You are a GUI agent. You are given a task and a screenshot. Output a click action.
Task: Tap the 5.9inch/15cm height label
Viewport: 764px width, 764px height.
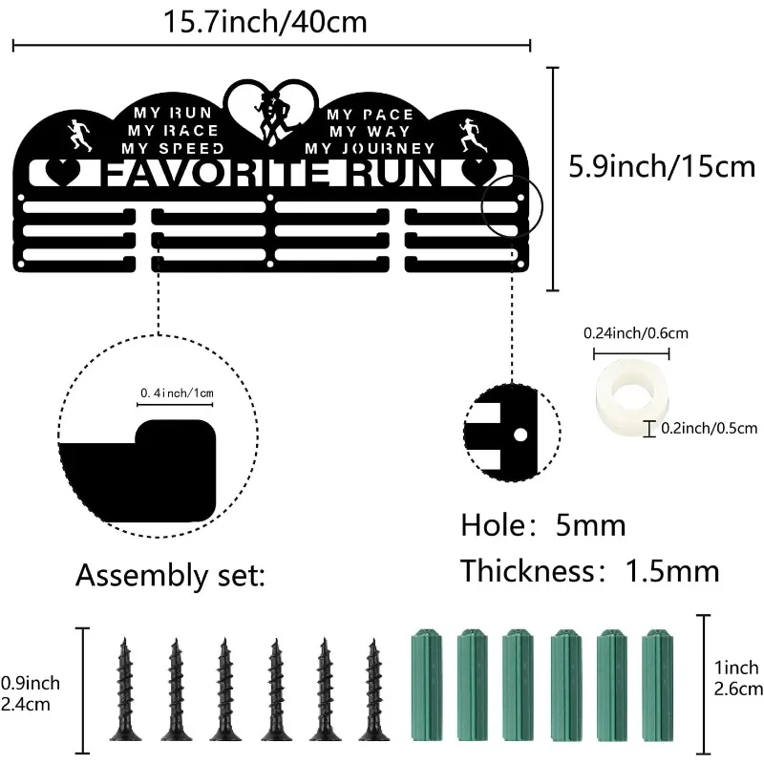[x=662, y=168]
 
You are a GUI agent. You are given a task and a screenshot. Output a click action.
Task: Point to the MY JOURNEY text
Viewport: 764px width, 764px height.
[x=370, y=148]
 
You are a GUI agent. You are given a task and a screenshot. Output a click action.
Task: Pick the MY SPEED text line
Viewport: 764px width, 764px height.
[x=173, y=148]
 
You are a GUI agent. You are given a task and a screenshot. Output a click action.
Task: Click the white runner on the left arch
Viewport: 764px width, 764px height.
[x=78, y=136]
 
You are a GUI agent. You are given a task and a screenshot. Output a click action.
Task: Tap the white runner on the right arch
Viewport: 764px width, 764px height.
[x=471, y=136]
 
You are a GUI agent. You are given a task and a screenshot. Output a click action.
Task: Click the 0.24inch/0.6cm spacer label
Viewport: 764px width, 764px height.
[x=635, y=333]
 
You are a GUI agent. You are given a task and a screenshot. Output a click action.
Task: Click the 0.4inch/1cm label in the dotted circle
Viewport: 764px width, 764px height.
[x=177, y=393]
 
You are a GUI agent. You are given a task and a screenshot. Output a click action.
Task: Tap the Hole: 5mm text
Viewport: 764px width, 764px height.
[x=542, y=524]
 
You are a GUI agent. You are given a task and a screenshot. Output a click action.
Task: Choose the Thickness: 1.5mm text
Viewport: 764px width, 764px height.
[x=589, y=571]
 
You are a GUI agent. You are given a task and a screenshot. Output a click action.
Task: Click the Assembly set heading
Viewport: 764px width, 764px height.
[x=171, y=576]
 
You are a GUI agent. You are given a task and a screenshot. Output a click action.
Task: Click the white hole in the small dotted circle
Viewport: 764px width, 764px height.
[x=520, y=433]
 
